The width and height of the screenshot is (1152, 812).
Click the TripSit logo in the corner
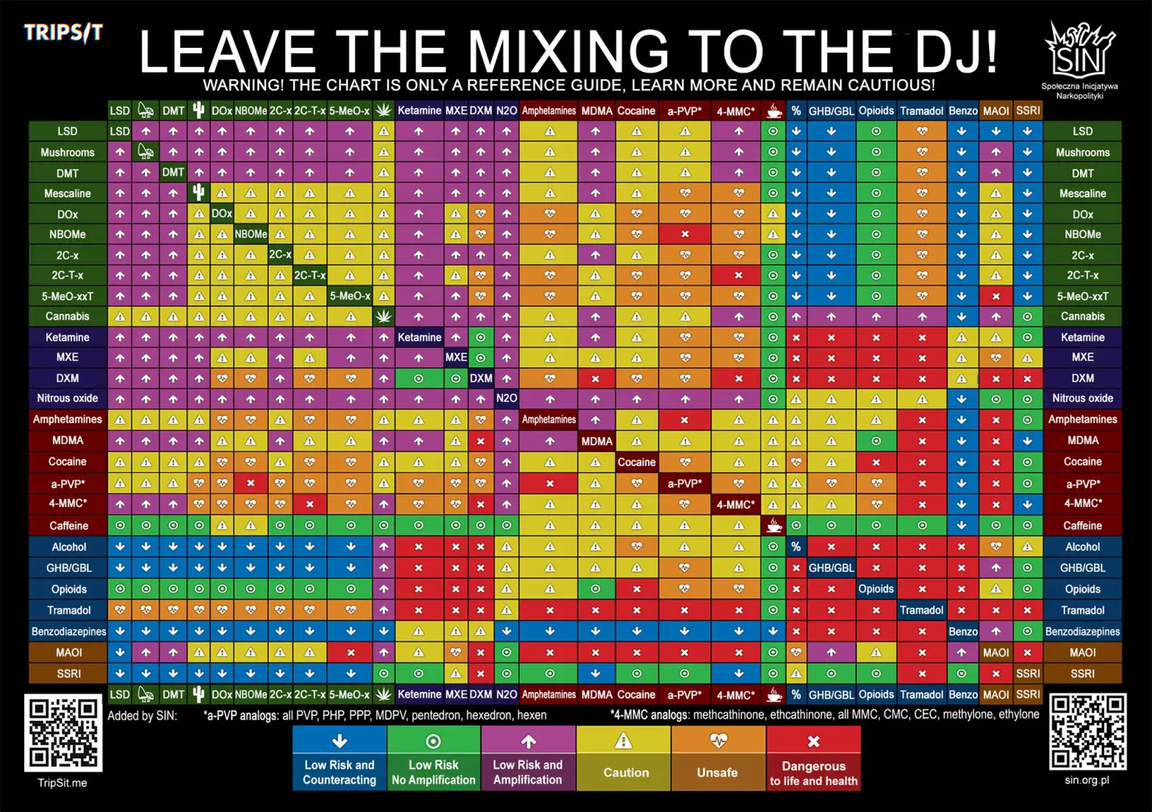tap(63, 33)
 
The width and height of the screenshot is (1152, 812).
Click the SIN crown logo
tap(1079, 50)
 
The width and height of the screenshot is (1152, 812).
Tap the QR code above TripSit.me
tap(63, 733)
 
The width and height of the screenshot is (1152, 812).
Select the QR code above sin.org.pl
tap(1087, 731)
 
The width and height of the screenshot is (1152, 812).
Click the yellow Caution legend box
tap(623, 758)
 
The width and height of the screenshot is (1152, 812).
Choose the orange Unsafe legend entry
tap(718, 758)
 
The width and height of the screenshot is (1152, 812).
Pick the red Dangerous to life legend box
tap(813, 758)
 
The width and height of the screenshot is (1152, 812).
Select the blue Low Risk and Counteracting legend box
tap(339, 758)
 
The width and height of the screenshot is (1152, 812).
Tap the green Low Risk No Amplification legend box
tap(433, 758)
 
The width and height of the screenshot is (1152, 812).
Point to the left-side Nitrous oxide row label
tap(68, 398)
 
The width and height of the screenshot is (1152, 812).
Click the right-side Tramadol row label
tap(1082, 610)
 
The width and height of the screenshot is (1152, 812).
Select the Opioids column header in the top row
tap(876, 111)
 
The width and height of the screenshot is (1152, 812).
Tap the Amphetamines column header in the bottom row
tap(549, 694)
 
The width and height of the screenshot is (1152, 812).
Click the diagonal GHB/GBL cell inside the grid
tap(831, 568)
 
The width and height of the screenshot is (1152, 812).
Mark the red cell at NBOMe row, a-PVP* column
tap(685, 234)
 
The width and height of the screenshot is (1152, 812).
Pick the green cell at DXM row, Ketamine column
tap(418, 378)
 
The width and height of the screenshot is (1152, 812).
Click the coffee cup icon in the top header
tap(773, 111)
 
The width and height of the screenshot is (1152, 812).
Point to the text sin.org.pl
tap(1087, 780)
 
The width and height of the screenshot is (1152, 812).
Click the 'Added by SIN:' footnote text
tap(142, 715)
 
